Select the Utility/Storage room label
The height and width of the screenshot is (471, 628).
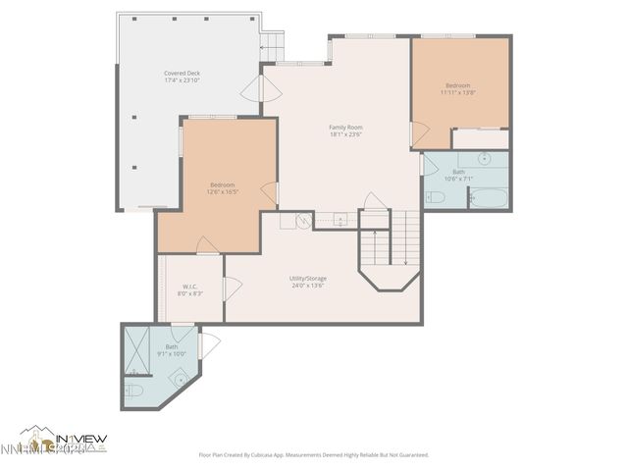coord(308,278)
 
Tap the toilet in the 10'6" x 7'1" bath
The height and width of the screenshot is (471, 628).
coord(437,197)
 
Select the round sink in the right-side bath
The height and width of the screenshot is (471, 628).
coord(485,158)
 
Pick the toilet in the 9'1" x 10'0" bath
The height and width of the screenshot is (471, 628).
coord(134,391)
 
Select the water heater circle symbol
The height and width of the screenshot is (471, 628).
coord(304,222)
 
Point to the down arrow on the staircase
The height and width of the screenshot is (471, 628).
coord(405,260)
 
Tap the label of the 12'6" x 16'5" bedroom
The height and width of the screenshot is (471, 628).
coord(222,184)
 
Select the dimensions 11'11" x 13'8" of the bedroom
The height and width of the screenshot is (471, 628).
coord(459,93)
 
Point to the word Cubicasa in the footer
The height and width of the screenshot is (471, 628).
coord(276,455)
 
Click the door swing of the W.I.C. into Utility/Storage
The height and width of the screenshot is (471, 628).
coord(233,288)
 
